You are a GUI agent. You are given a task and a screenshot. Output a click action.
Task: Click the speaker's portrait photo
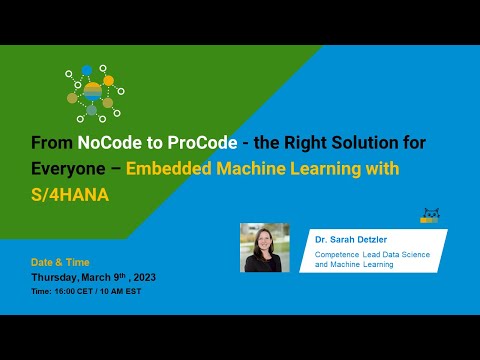[264, 247]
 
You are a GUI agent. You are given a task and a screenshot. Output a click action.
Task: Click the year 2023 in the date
[142, 276]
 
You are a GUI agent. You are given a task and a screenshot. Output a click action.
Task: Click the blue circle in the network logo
[87, 71]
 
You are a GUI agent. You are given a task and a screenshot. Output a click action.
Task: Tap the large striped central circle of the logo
[92, 91]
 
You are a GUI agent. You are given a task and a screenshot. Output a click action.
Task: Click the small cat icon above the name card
[431, 216]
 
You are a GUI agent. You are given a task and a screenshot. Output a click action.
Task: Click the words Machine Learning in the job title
[361, 265]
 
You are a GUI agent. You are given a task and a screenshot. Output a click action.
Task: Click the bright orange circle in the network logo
[108, 78]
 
